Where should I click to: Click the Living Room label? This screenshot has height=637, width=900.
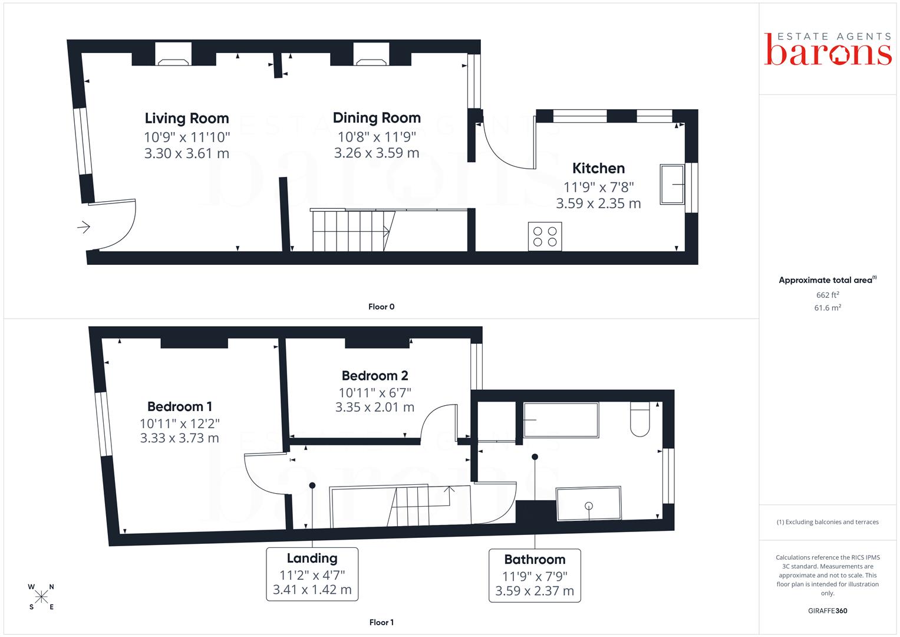(x=187, y=118)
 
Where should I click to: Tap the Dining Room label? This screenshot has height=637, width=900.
(x=377, y=118)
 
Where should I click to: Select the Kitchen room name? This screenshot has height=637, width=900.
(x=598, y=168)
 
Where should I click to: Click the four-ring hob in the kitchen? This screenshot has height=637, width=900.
(x=545, y=237)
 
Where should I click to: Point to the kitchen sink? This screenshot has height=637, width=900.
(x=672, y=184)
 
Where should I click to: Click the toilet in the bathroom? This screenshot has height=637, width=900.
(x=640, y=419)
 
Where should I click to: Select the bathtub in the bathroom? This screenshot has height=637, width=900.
(x=561, y=420)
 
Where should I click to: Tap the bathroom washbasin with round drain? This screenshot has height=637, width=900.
(x=589, y=504)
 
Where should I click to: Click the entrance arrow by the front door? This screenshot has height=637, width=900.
(x=84, y=227)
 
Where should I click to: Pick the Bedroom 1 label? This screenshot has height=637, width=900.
(x=180, y=406)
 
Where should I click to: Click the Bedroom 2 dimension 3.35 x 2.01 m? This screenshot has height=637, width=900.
(x=374, y=408)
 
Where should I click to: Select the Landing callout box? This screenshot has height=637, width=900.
(x=312, y=574)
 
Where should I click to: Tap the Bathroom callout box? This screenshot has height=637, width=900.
(x=535, y=576)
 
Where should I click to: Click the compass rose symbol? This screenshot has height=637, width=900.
(x=41, y=597)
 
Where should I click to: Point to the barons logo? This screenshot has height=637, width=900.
(x=828, y=50)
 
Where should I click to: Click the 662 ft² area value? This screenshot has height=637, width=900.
(x=828, y=295)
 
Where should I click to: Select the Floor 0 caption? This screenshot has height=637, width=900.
(x=381, y=307)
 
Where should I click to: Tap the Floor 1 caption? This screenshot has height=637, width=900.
(x=381, y=622)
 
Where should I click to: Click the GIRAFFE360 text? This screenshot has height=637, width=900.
(x=828, y=611)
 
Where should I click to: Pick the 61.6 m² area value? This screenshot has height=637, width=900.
(x=828, y=308)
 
